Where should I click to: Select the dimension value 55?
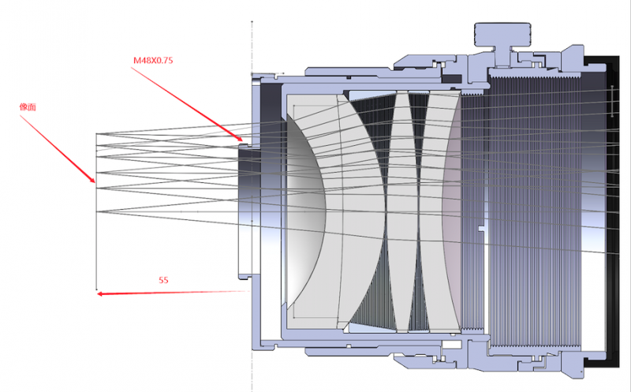(164, 280)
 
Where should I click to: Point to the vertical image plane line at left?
(96, 237)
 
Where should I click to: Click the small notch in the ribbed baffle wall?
(480, 229)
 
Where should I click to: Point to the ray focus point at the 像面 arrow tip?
(96, 184)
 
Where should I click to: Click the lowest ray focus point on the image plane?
(96, 211)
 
